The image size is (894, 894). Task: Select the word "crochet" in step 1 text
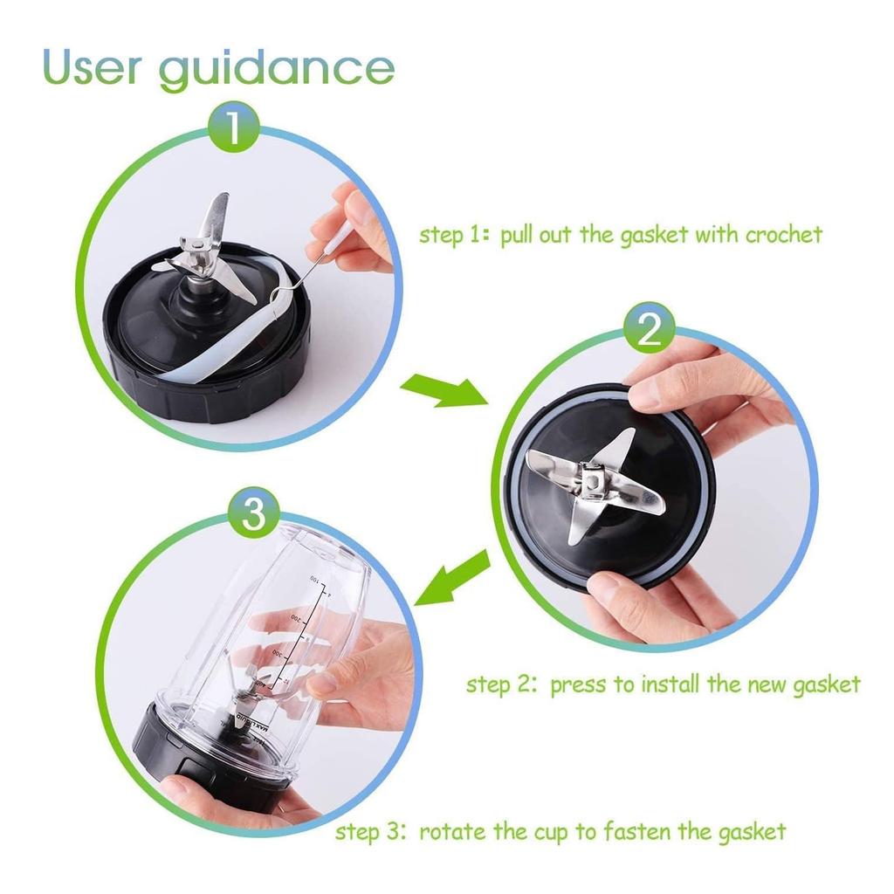(x=783, y=235)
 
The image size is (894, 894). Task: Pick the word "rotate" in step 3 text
(x=452, y=830)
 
